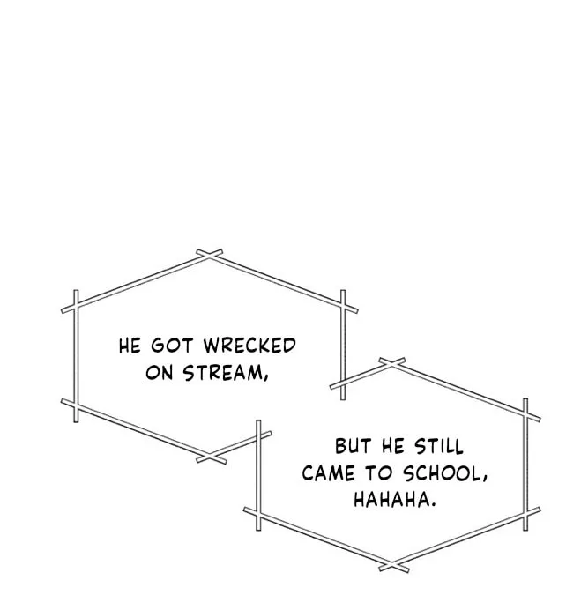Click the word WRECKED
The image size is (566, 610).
point(249,346)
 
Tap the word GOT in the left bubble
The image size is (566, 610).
point(172,346)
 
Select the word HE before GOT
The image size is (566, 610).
point(130,346)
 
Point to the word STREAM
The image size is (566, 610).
point(222,373)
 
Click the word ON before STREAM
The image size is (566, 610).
point(159,373)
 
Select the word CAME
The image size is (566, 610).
point(328,473)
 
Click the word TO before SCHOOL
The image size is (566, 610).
point(378,473)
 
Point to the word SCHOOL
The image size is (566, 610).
point(441,473)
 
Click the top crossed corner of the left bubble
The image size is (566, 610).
point(209,255)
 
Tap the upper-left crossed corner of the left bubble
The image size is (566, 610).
point(76,307)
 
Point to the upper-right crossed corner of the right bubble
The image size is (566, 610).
point(525,414)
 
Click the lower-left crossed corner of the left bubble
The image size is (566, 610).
point(76,405)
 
